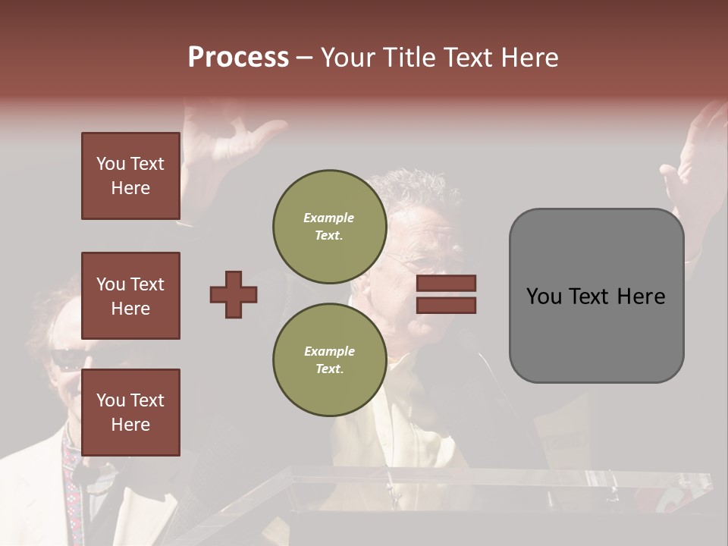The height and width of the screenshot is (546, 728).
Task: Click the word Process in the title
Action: coord(238,58)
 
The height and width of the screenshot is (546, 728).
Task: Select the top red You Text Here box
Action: coord(130,176)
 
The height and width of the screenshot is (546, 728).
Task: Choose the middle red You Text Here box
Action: coord(130,296)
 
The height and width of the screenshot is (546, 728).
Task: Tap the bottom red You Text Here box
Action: coord(130,412)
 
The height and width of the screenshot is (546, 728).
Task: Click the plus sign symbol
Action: coord(234,294)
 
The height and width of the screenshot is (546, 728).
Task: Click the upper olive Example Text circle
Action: coord(329,227)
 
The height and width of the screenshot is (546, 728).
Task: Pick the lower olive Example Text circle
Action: coord(329,360)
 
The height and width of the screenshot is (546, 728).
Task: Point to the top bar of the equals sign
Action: coord(447,283)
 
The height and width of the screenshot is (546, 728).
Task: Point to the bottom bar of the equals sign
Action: coord(447,305)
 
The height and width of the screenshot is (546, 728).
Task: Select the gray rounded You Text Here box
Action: coord(596,296)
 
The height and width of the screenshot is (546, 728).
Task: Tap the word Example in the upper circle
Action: coord(329,218)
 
